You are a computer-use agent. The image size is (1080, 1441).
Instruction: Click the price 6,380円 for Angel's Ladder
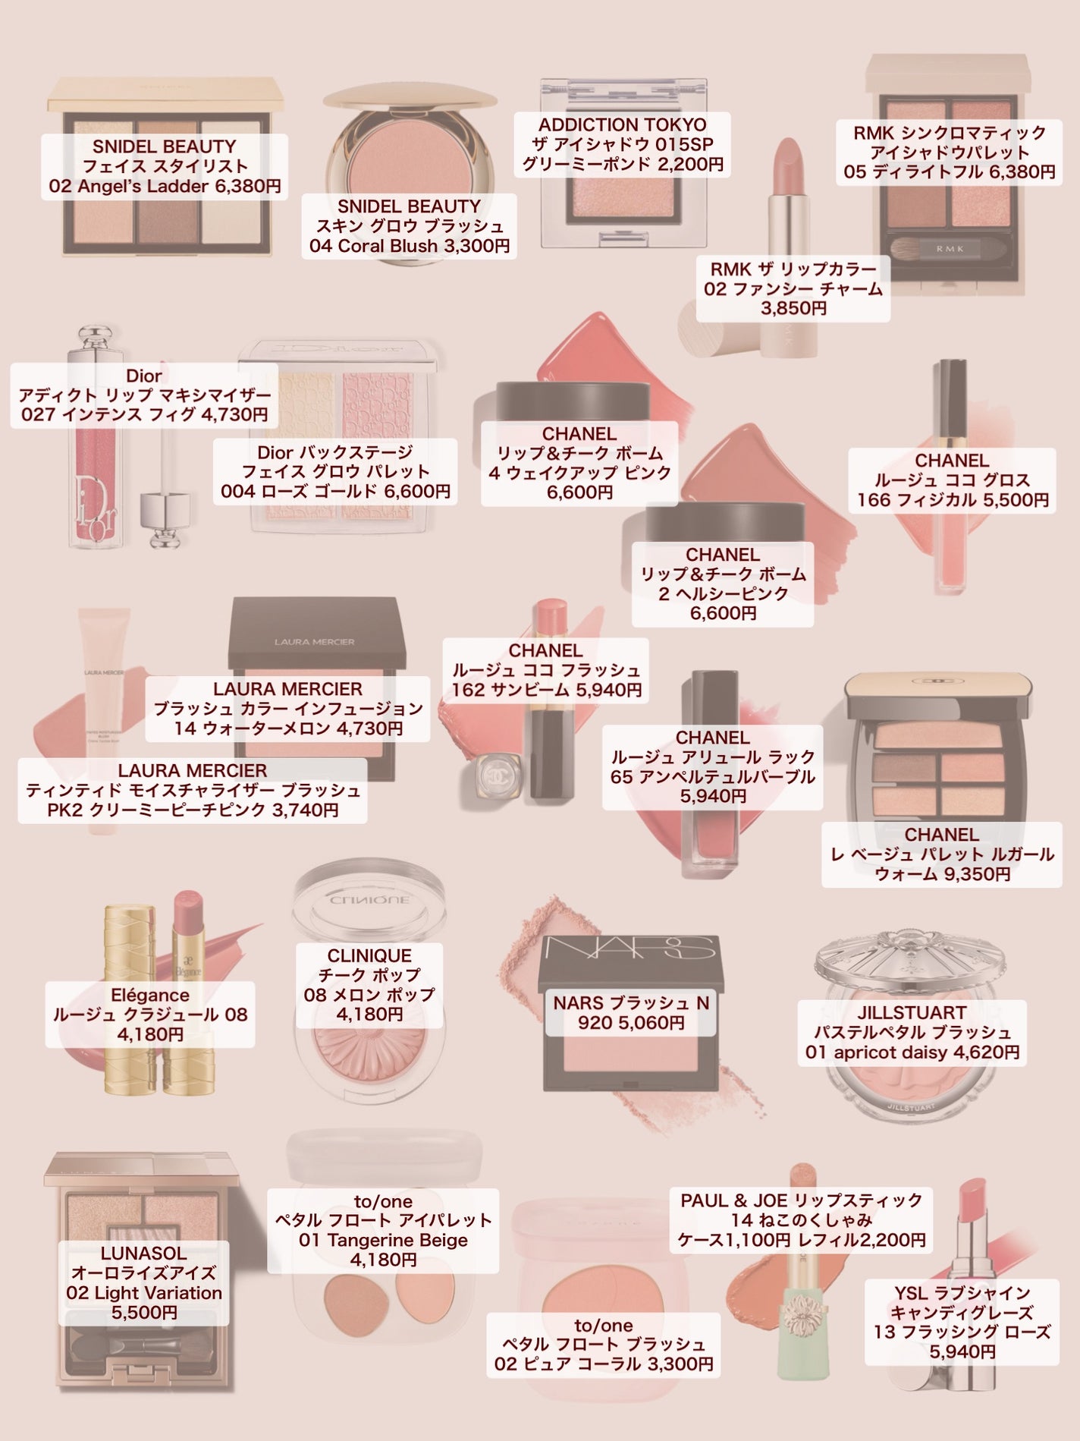pos(248,186)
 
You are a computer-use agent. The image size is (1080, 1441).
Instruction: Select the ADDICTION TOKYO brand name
pos(622,124)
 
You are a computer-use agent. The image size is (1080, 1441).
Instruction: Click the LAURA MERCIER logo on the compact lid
pos(314,641)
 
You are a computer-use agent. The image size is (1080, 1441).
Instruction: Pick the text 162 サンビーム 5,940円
pos(547,690)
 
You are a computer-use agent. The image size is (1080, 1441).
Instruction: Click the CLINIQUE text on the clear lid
pos(369,900)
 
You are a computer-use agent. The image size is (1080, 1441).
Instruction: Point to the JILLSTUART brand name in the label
pos(912,1012)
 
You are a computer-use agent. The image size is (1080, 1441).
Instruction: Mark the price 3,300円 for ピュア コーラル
pos(680,1385)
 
